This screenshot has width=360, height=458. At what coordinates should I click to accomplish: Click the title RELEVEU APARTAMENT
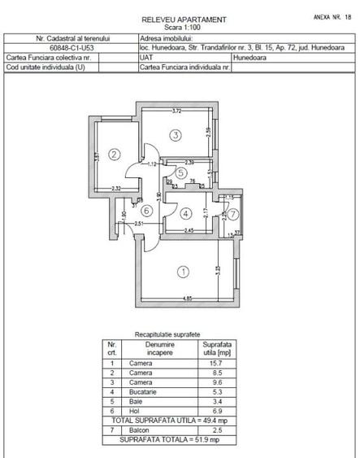tap(183, 19)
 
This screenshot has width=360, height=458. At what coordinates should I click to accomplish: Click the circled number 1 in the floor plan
tap(184, 272)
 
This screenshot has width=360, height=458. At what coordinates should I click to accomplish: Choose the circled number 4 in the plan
tap(186, 214)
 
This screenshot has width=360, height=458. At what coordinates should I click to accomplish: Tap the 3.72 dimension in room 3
tap(176, 111)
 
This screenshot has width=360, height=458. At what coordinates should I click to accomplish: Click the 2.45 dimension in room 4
tap(188, 232)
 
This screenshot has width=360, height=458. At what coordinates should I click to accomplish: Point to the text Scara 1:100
tap(183, 27)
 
